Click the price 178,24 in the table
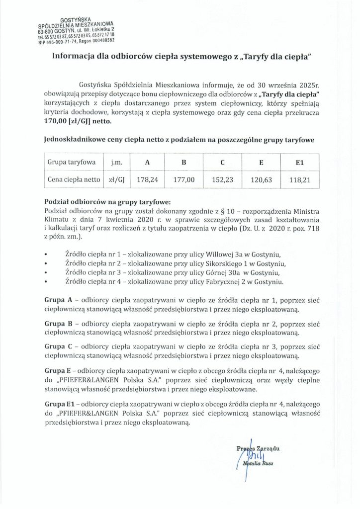click(x=148, y=180)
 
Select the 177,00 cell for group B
click(x=183, y=180)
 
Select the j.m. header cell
click(x=115, y=163)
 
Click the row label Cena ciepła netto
click(x=72, y=180)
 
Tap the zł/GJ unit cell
click(x=115, y=180)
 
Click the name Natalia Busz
click(x=260, y=464)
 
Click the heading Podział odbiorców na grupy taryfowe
click(x=107, y=202)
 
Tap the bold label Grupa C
click(x=59, y=345)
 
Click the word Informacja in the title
click(x=75, y=57)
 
